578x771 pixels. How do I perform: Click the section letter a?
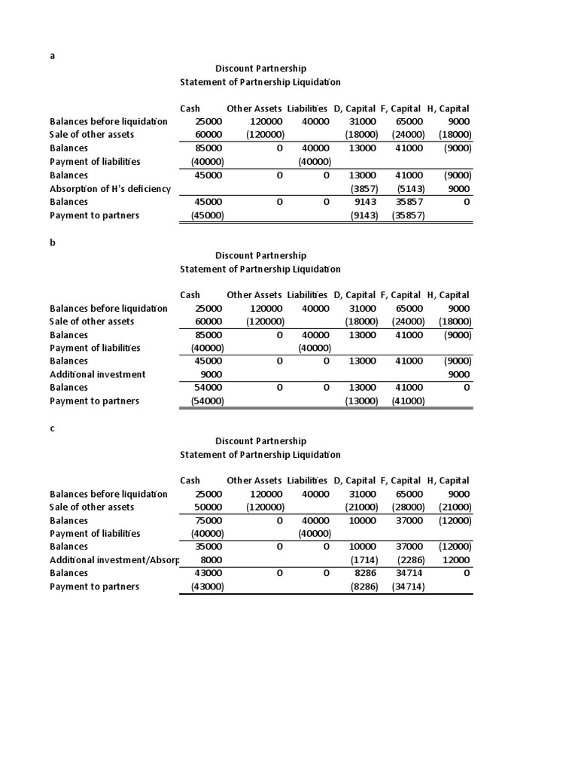(53, 56)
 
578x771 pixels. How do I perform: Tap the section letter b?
(53, 242)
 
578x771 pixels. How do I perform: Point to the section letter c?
(53, 428)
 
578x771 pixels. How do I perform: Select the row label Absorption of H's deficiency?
(110, 188)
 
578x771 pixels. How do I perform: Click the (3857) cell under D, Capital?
(364, 188)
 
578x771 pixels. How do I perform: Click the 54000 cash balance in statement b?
(208, 387)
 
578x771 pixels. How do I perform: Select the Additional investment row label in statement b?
(98, 374)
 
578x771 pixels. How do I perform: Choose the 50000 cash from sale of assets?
(208, 507)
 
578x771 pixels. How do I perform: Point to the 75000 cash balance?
(208, 520)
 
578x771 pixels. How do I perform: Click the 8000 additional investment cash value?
(211, 560)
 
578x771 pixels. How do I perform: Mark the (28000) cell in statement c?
(409, 507)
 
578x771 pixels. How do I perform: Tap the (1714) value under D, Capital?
(364, 560)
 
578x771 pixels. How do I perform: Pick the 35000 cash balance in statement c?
(208, 547)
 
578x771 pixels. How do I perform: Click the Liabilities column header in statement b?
(307, 295)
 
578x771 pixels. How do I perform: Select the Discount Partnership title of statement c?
(261, 441)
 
